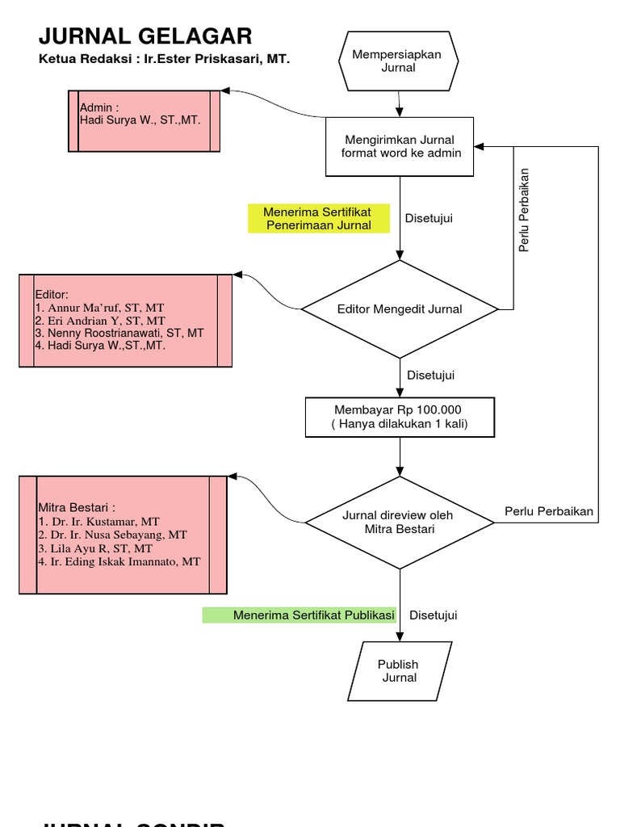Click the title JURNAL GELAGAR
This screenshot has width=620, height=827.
[145, 36]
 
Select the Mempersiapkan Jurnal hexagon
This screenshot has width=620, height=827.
[398, 61]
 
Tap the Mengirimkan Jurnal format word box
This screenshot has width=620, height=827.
[400, 146]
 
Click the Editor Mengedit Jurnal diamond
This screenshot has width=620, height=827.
[400, 309]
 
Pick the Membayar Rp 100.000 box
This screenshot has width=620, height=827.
[400, 417]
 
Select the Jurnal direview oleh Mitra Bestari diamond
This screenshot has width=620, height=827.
[400, 522]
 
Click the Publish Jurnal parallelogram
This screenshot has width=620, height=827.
[400, 670]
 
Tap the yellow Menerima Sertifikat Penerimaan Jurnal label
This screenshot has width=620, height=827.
[318, 218]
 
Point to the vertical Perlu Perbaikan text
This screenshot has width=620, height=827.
[524, 210]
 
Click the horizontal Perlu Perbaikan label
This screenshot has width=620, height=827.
[549, 511]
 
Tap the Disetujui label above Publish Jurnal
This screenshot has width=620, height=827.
[433, 615]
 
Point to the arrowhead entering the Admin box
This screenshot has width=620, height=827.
[226, 91]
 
